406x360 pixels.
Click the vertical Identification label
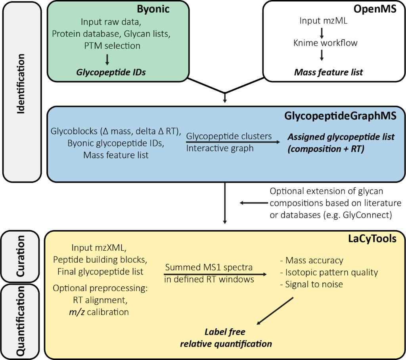point(21,84)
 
